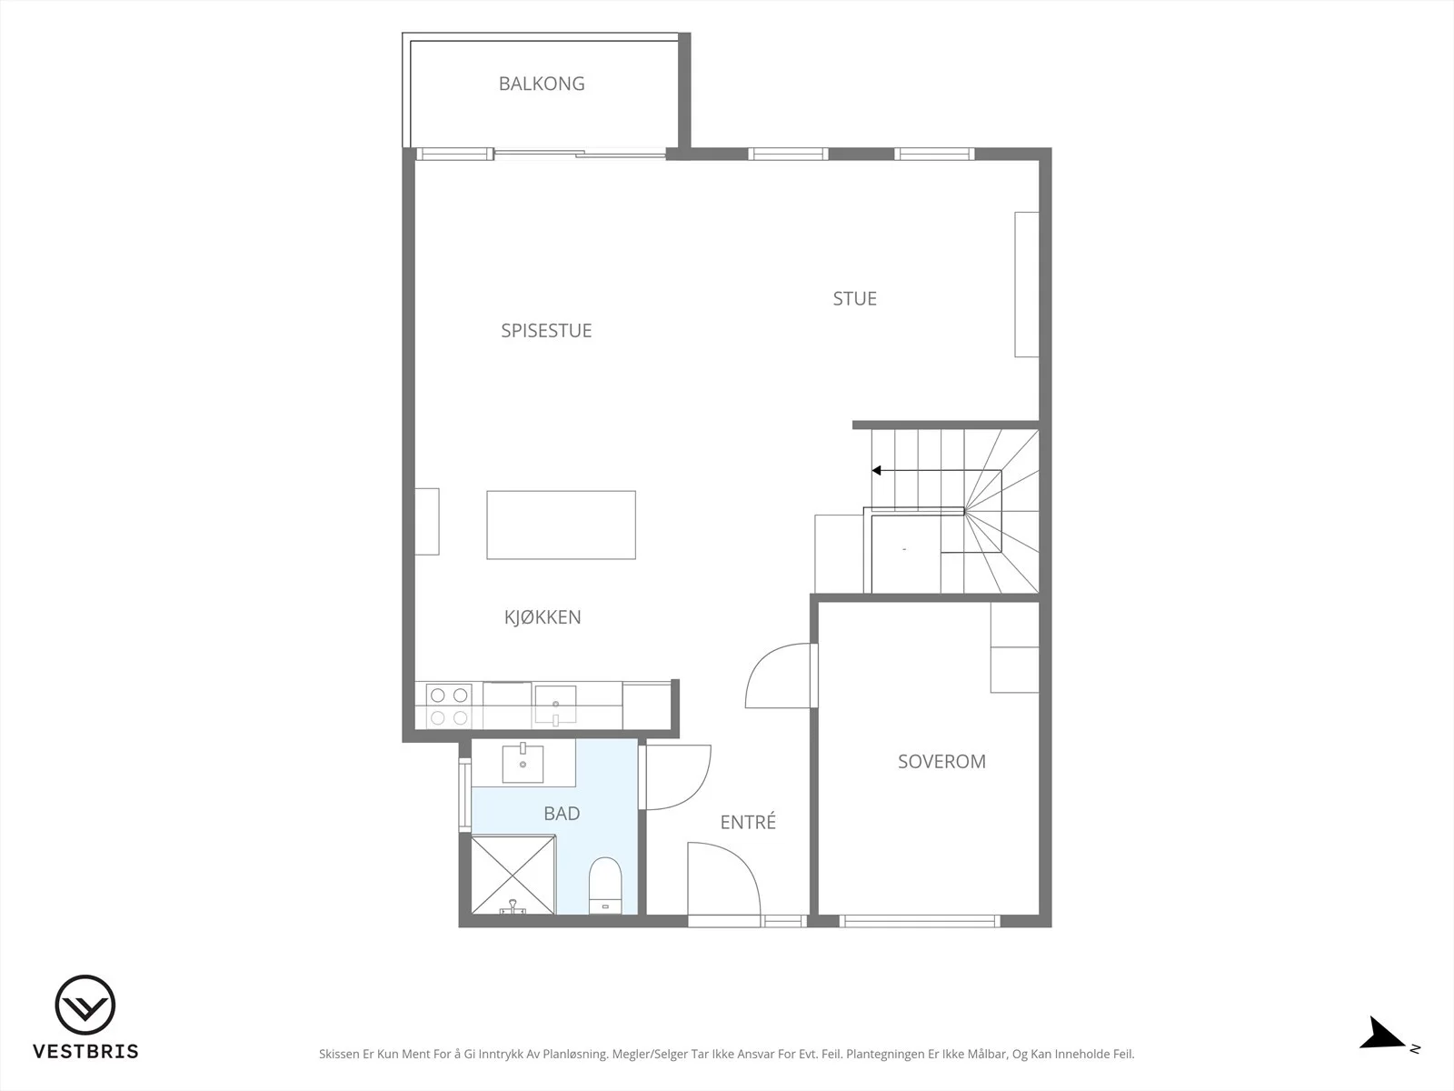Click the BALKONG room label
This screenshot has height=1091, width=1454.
pyautogui.click(x=542, y=84)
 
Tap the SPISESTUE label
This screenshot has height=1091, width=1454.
pyautogui.click(x=546, y=331)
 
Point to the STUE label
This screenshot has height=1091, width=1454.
pyautogui.click(x=854, y=299)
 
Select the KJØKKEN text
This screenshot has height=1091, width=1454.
pyautogui.click(x=543, y=616)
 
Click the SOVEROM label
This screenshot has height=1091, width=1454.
pyautogui.click(x=941, y=762)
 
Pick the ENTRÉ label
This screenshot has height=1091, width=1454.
pyautogui.click(x=748, y=821)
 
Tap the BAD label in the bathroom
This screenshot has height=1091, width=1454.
pyautogui.click(x=562, y=814)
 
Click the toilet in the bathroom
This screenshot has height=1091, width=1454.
pyautogui.click(x=605, y=886)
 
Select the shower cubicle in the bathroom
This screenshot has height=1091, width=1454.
pyautogui.click(x=513, y=875)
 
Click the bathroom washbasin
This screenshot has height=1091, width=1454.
pyautogui.click(x=523, y=764)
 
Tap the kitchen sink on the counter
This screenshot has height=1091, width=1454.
pyautogui.click(x=555, y=705)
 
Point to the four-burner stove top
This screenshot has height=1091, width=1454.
pyautogui.click(x=449, y=706)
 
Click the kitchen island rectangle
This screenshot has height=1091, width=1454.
pyautogui.click(x=561, y=525)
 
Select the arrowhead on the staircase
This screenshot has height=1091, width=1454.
pyautogui.click(x=876, y=470)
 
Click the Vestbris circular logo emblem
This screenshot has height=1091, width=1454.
pyautogui.click(x=85, y=1005)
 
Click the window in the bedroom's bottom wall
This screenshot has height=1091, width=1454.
pyautogui.click(x=920, y=921)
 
